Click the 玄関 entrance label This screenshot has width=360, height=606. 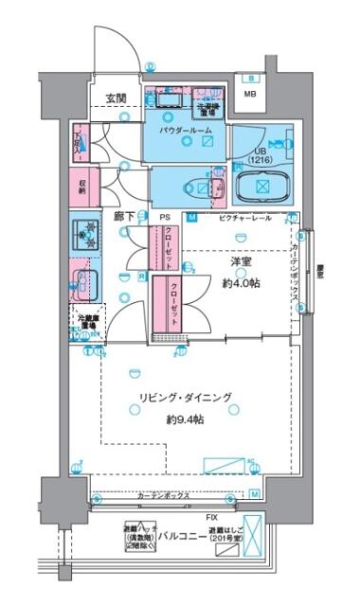click(x=116, y=98)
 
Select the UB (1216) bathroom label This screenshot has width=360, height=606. click(x=261, y=156)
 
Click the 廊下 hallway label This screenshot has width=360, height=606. click(x=123, y=217)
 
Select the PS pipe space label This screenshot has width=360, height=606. click(x=163, y=217)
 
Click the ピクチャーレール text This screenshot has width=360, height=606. click(x=245, y=218)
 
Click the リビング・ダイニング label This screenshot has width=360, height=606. click(x=183, y=399)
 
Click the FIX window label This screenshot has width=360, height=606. click(x=213, y=518)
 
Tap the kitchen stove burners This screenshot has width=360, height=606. click(x=87, y=233)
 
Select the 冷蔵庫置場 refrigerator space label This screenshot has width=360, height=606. click(x=85, y=322)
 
